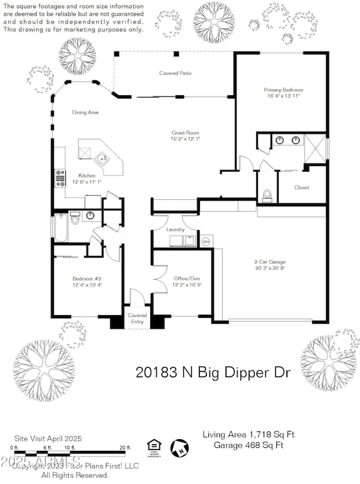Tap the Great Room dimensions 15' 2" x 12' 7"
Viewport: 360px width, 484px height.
[x=184, y=139]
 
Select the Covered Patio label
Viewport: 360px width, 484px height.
[x=174, y=73]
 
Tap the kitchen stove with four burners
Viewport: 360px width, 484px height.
[x=59, y=178]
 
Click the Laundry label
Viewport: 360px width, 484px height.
[x=175, y=229]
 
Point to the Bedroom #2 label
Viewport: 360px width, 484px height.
[x=86, y=279]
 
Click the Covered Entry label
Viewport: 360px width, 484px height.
[x=137, y=318]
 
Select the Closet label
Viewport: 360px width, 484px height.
[x=302, y=187]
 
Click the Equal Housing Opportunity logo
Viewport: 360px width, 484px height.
[x=152, y=445]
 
